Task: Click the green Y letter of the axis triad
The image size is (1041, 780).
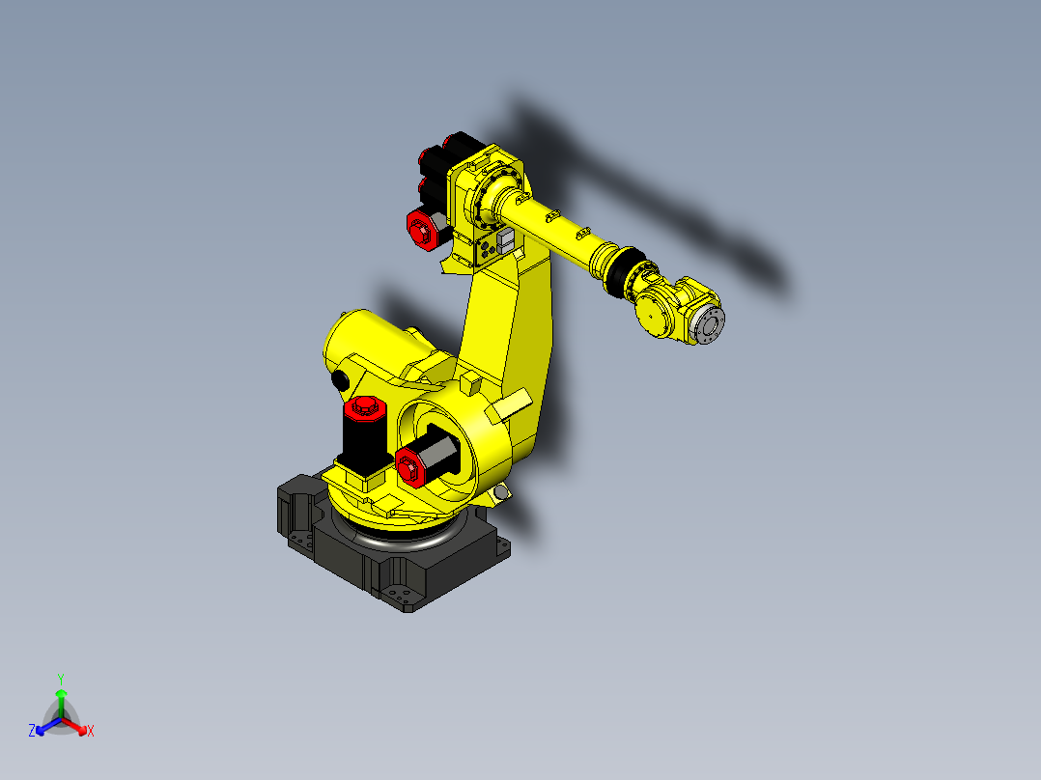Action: point(60,678)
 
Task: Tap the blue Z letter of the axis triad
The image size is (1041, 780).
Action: point(32,731)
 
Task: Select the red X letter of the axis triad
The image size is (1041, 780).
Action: point(91,732)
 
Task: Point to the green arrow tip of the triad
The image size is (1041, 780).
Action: point(60,693)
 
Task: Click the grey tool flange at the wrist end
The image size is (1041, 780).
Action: point(710,325)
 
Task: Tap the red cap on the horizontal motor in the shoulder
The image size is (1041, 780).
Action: point(409,464)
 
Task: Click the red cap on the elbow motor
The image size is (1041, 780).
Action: point(421,230)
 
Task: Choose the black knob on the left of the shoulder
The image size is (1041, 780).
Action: point(339,381)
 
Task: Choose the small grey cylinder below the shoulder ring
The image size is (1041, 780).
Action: point(500,493)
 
